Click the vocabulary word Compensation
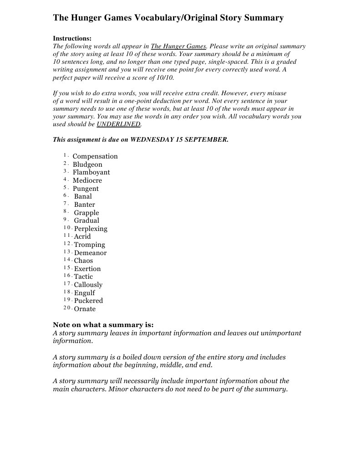[95, 156]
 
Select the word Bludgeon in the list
[87, 164]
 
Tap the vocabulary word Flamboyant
[91, 172]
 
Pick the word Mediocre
[87, 180]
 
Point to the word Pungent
[86, 189]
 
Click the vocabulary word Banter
[85, 205]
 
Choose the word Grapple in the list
[86, 213]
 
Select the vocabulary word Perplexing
[91, 229]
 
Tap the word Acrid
[82, 236]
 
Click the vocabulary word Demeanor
[90, 253]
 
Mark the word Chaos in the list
[83, 261]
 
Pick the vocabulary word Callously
[88, 285]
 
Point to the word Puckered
[88, 301]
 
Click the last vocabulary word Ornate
[85, 309]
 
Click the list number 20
[67, 308]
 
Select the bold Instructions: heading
[72, 39]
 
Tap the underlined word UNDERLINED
[119, 124]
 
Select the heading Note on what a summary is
[103, 325]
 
